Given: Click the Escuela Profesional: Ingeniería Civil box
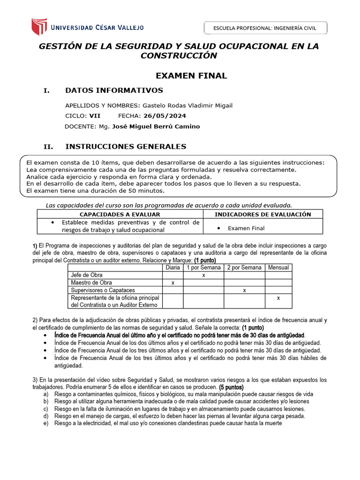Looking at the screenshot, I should [x=265, y=28].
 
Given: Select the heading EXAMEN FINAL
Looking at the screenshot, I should [x=191, y=75].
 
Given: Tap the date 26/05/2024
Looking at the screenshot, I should [x=165, y=115].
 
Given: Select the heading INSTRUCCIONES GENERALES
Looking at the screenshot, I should [x=126, y=146].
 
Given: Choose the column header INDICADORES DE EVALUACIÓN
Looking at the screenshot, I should [x=263, y=214].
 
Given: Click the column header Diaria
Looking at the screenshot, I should [x=173, y=268].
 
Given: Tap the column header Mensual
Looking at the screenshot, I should [x=278, y=268].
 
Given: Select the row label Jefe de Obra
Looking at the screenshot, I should [x=87, y=275].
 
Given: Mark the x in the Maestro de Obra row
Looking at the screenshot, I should [x=173, y=283].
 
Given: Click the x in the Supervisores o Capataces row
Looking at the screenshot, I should [x=244, y=291].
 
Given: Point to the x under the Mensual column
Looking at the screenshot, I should [x=278, y=298].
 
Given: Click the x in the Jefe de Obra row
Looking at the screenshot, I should [x=203, y=275].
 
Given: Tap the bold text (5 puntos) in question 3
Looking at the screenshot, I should [x=231, y=387].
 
